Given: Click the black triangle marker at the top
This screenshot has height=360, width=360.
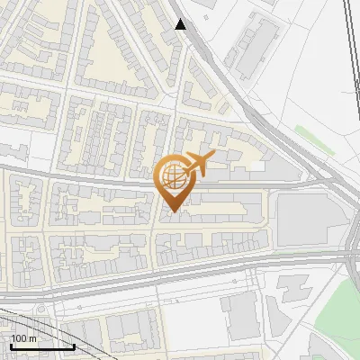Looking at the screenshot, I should pyautogui.click(x=181, y=24).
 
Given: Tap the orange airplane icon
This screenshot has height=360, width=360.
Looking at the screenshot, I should pyautogui.click(x=198, y=165).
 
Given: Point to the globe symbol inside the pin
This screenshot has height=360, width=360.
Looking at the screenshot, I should pyautogui.click(x=174, y=173).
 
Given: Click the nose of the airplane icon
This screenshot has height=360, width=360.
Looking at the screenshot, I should pyautogui.click(x=212, y=157).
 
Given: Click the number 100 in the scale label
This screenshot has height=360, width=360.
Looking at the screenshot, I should pyautogui.click(x=19, y=339).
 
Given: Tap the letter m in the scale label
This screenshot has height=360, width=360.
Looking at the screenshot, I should pyautogui.click(x=32, y=339).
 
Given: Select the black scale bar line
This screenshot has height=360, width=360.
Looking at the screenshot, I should pyautogui.click(x=42, y=346).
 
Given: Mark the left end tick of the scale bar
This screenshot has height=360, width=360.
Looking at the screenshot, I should pyautogui.click(x=11, y=345).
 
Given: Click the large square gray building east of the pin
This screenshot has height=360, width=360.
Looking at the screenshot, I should pyautogui.click(x=302, y=217).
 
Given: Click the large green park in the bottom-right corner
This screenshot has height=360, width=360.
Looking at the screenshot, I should pyautogui.click(x=337, y=315).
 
